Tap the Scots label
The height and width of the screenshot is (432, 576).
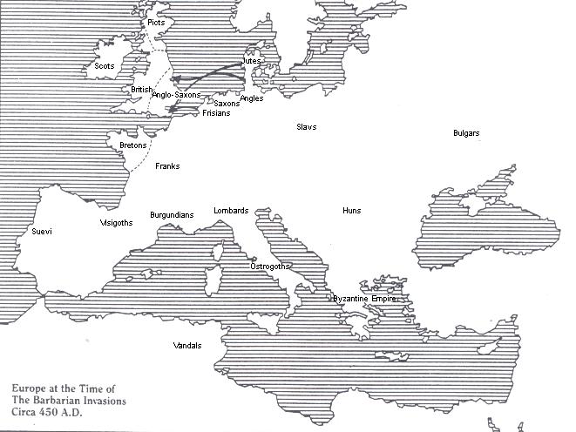click(104, 66)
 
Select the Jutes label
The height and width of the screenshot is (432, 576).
click(250, 61)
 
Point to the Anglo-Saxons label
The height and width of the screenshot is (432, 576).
click(176, 94)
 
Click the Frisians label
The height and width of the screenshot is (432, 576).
click(216, 113)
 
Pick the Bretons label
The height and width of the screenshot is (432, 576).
click(132, 145)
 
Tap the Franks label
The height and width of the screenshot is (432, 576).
click(167, 165)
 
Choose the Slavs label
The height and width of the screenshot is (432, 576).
click(306, 127)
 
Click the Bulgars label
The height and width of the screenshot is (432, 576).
click(467, 133)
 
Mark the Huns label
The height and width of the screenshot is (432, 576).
click(351, 211)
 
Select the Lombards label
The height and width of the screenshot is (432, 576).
click(231, 211)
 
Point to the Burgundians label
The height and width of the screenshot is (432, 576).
click(172, 213)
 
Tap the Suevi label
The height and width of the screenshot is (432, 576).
click(42, 232)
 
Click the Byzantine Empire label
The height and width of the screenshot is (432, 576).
click(364, 299)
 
